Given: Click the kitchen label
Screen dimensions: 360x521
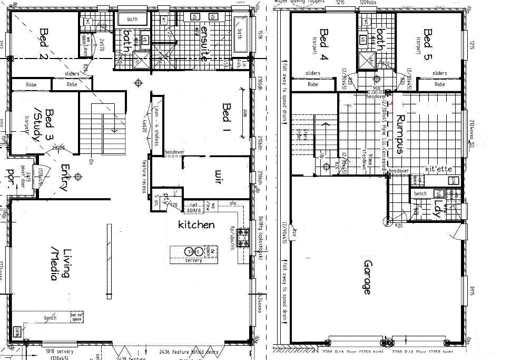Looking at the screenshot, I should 196,225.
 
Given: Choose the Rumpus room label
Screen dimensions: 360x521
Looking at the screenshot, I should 400,134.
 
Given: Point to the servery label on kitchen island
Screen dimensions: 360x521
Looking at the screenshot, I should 193,260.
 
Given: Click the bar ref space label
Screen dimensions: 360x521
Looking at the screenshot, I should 77,317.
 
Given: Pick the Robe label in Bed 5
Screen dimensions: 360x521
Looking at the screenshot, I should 439,84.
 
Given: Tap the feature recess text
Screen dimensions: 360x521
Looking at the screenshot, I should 143,177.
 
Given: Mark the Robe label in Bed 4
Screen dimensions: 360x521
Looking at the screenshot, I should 313,84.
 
